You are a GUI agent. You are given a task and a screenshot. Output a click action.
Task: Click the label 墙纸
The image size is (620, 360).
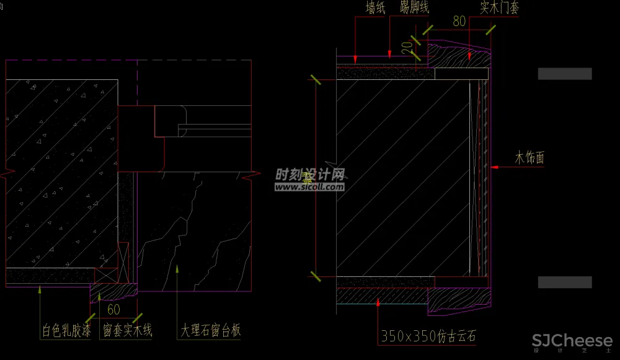point(376,8)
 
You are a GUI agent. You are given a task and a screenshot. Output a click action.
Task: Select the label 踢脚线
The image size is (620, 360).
point(414,8)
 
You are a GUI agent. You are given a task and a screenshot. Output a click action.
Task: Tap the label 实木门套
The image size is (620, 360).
point(499,8)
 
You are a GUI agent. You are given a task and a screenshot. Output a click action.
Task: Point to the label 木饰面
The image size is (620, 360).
point(529,158)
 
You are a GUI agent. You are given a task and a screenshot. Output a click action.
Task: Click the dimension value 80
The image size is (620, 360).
point(459,21)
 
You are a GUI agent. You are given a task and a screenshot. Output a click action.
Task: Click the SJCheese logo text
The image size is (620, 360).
point(572,341)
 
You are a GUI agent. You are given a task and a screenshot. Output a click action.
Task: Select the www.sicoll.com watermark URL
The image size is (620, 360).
point(309,184)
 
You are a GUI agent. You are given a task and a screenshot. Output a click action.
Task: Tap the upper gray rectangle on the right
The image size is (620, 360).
point(564,74)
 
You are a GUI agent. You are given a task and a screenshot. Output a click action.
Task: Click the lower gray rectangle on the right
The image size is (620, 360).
point(564,283)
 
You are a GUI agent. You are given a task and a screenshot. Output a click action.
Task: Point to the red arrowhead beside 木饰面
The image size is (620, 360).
point(494,167)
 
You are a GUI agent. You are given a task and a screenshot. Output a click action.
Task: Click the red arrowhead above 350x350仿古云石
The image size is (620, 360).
point(378,301)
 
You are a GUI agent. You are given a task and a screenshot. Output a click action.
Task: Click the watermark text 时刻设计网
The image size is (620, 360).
point(309,174)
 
